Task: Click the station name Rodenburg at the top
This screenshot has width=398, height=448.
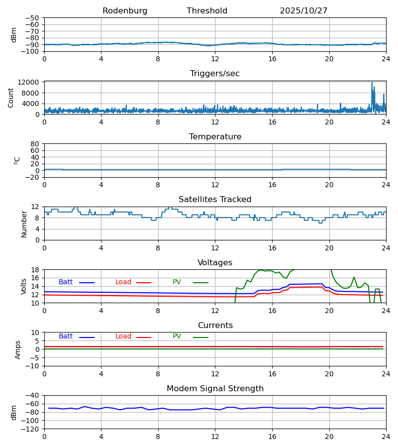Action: pyautogui.click(x=125, y=11)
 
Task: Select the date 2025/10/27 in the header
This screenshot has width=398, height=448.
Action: pyautogui.click(x=303, y=11)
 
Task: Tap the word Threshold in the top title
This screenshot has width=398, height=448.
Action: pyautogui.click(x=207, y=11)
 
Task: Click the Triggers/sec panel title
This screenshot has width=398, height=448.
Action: pyautogui.click(x=215, y=74)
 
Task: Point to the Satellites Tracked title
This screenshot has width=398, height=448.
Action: pyautogui.click(x=215, y=200)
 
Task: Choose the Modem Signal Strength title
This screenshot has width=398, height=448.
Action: pyautogui.click(x=215, y=389)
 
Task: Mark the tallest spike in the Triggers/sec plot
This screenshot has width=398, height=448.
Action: pyautogui.click(x=372, y=83)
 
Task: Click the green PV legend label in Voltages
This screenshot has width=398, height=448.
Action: pyautogui.click(x=177, y=282)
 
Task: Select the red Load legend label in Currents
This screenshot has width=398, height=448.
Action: pyautogui.click(x=123, y=336)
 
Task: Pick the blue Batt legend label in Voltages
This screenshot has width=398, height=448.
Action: pyautogui.click(x=66, y=282)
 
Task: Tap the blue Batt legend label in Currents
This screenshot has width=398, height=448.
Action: pyautogui.click(x=66, y=336)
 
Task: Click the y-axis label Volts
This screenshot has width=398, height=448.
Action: pyautogui.click(x=24, y=286)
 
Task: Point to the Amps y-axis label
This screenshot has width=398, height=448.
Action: pyautogui.click(x=18, y=349)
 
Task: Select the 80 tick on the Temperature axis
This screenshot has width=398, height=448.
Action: pyautogui.click(x=35, y=144)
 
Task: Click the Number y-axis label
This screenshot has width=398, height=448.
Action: pyautogui.click(x=24, y=224)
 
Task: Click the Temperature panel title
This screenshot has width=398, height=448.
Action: pyautogui.click(x=215, y=137)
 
